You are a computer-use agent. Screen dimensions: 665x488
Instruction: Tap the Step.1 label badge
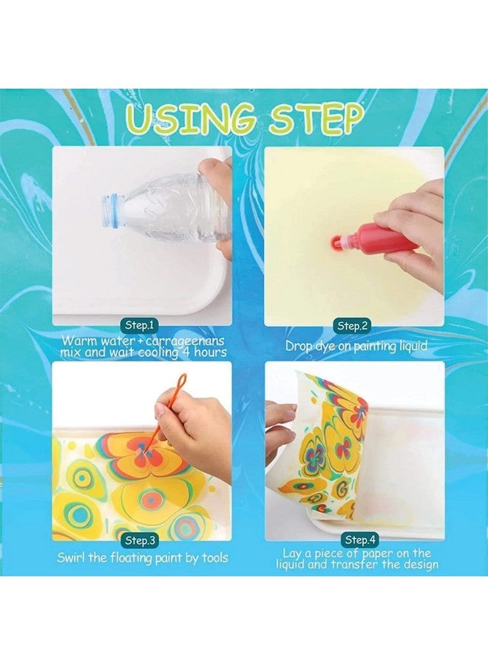(x=139, y=326)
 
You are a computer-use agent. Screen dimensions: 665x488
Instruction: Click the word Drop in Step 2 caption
(x=300, y=345)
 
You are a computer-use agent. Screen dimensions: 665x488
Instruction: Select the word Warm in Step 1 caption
(x=78, y=341)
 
